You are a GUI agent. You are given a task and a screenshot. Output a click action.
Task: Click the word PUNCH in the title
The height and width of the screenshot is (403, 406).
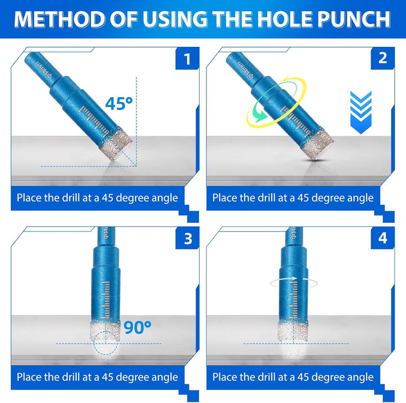point(354,19)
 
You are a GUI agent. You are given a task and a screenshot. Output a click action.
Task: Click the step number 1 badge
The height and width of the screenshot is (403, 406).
point(187,59)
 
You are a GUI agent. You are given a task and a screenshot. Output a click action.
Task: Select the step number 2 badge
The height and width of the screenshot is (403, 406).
point(383,59)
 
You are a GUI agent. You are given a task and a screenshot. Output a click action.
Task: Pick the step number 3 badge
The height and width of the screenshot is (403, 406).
point(187,238)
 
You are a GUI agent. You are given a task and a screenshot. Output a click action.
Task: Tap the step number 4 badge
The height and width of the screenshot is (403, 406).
point(383,238)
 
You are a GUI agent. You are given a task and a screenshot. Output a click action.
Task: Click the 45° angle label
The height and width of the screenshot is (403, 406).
point(119,103)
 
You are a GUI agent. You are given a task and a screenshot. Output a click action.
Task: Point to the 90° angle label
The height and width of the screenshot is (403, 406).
point(138,327)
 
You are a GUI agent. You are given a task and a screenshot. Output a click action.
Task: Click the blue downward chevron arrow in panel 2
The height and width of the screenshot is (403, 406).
point(361,112)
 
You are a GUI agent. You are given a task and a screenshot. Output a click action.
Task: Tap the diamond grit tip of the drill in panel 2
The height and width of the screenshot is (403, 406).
point(317,143)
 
